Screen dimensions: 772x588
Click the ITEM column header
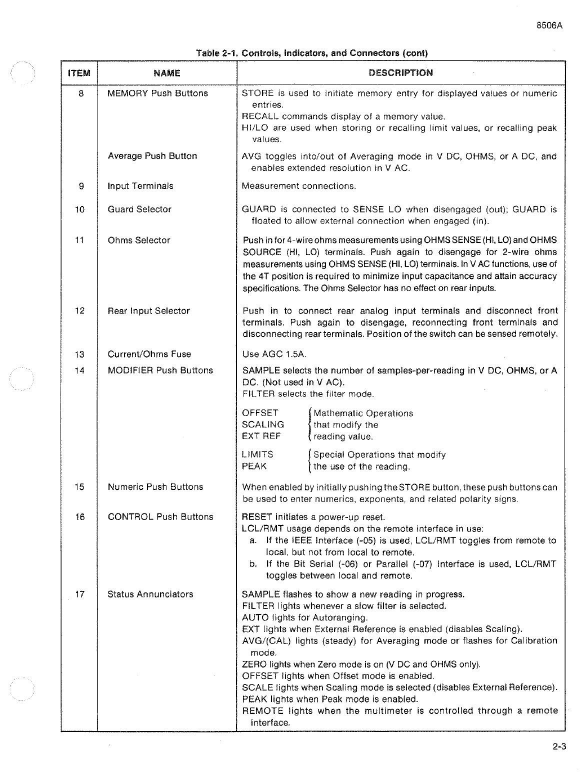[x=79, y=73]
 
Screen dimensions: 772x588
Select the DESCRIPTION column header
[x=400, y=72]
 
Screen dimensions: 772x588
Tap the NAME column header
[x=167, y=73]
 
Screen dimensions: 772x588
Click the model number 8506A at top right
[x=549, y=25]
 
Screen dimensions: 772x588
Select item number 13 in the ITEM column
[x=79, y=354]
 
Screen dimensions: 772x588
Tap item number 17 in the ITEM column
[x=79, y=594]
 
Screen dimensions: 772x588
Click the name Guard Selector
[x=139, y=209]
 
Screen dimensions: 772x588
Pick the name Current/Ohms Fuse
[x=149, y=354]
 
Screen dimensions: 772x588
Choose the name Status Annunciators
[x=150, y=594]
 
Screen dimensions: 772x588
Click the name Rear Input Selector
[x=149, y=310]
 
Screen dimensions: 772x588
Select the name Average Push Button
[x=152, y=156]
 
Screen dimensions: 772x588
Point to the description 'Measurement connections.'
[x=299, y=186]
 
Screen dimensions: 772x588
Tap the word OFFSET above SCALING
[x=260, y=413]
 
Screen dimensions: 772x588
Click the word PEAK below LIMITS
[x=254, y=466]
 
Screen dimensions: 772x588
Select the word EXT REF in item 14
[x=261, y=436]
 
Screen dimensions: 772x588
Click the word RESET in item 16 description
[x=257, y=517]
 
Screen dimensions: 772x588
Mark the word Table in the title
[x=208, y=53]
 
